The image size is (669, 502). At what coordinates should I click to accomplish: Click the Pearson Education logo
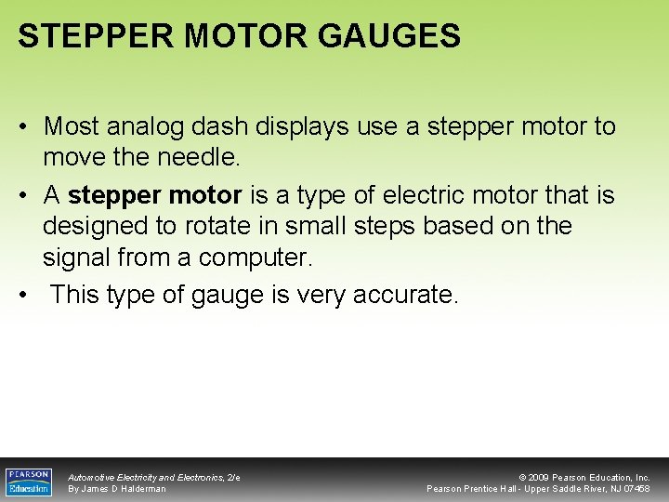click(28, 482)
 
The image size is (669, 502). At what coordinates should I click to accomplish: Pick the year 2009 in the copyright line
click(543, 478)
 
